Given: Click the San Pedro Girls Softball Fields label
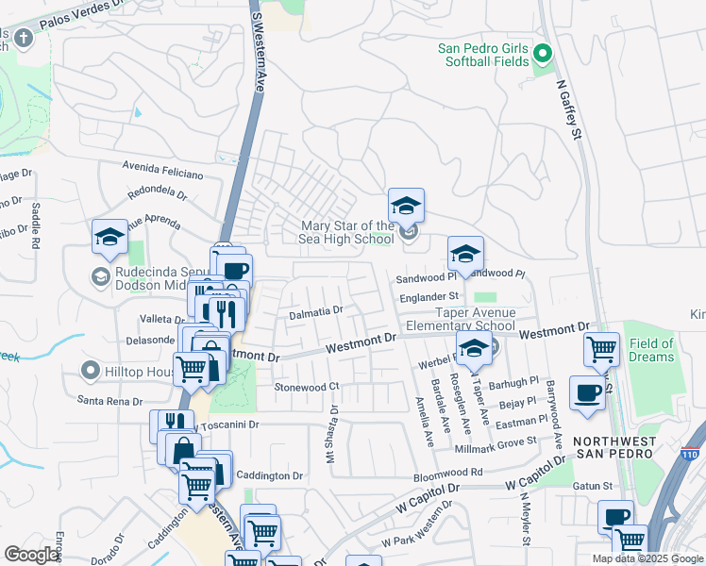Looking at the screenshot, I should click(483, 56).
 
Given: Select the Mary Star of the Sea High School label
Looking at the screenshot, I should click(347, 232).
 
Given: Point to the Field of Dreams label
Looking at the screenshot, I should click(651, 350).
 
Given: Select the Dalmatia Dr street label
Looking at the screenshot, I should click(315, 309).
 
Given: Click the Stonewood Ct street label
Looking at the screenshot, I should click(306, 387).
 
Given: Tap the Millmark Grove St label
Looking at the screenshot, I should click(510, 440).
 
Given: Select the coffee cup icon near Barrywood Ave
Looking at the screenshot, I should click(588, 392).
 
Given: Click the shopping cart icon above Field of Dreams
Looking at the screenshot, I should click(602, 350).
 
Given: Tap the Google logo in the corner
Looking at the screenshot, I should click(32, 555).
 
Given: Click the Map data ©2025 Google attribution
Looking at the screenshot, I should click(647, 558).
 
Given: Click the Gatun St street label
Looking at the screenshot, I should click(595, 486).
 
